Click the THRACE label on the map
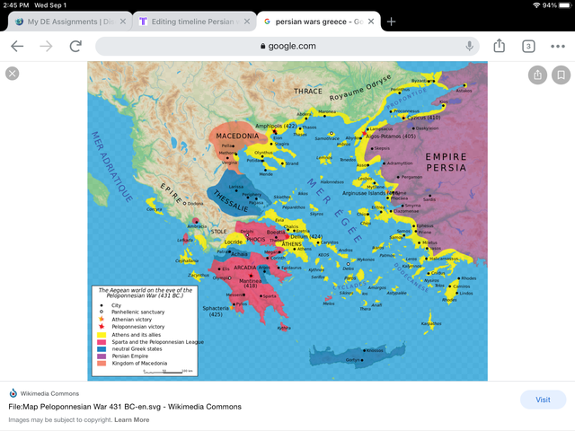[307, 92]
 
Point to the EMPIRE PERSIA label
[446, 162]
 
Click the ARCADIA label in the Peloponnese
[245, 267]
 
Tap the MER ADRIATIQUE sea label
[111, 166]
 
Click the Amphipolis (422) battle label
[277, 127]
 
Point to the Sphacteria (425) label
[216, 311]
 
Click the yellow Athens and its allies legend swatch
[102, 335]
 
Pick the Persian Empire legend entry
[132, 356]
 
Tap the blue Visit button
[543, 400]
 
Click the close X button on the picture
[13, 74]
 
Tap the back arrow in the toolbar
[17, 46]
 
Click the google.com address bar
[287, 46]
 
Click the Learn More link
[132, 419]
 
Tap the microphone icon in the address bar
[469, 46]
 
